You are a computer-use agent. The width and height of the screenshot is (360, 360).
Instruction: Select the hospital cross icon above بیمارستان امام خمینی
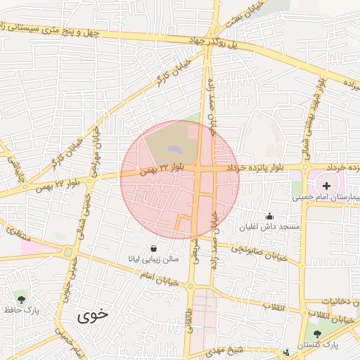pos(327,185)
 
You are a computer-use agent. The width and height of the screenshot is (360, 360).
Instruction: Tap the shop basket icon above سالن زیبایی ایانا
pos(153,248)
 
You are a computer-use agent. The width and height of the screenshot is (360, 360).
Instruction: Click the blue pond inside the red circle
pos(174,149)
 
